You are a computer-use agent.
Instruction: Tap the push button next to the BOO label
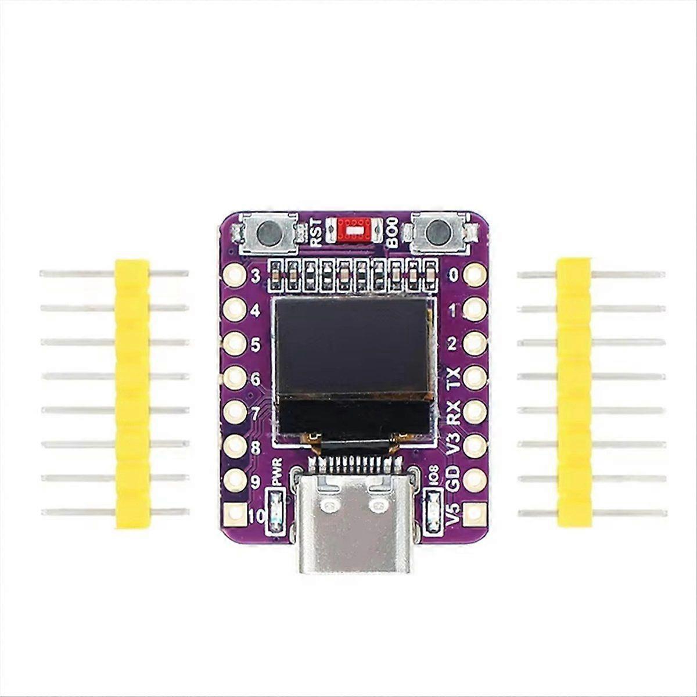pos(439,233)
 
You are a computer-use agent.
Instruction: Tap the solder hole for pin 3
pos(235,274)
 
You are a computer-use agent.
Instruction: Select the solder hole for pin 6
pos(235,378)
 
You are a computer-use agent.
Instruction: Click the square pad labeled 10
pos(235,513)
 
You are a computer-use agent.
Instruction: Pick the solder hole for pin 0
pos(475,274)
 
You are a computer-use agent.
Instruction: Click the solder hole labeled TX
pos(475,377)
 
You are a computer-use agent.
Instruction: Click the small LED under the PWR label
pos(275,511)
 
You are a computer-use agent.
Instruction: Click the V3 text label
pos(454,445)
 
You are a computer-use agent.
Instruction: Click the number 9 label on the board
pos(256,482)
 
